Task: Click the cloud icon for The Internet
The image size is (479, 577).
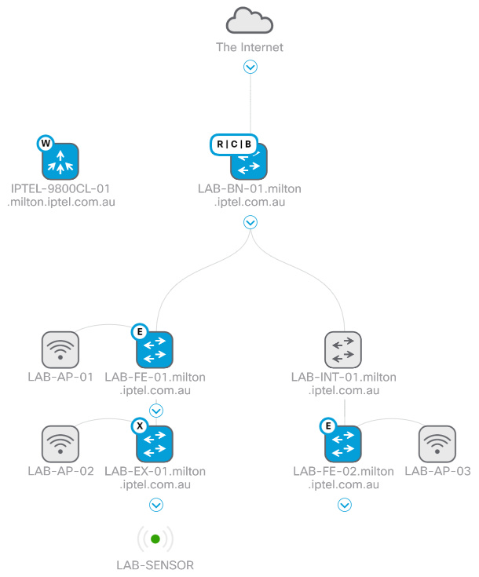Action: pos(249,20)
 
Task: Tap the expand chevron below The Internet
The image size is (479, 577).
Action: pos(250,68)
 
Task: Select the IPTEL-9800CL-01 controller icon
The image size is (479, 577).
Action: pos(60,161)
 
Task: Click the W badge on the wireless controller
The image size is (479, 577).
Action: pos(45,144)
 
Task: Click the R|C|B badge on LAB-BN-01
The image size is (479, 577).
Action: pos(234,144)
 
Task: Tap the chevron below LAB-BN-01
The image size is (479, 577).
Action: pos(250,222)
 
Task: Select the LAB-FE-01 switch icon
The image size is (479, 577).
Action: pos(155,349)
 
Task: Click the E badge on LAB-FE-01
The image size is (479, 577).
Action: pos(140,332)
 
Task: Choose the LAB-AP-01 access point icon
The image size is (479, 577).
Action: pos(60,349)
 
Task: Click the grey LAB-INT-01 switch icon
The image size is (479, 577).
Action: pos(343,349)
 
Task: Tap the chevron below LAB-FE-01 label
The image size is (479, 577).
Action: pos(155,409)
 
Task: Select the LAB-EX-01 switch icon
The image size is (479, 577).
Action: pos(155,444)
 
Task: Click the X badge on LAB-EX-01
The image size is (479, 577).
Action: pos(140,426)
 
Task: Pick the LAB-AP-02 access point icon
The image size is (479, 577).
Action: pos(60,444)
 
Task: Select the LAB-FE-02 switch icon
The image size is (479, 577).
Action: pos(343,444)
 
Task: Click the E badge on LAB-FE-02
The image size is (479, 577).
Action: pos(328,426)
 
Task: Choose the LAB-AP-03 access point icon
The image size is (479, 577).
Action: pos(437,444)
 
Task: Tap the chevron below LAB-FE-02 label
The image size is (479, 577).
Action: pos(344,505)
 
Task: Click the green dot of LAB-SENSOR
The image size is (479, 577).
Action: pos(155,539)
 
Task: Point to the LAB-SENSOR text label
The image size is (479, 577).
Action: pos(155,564)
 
